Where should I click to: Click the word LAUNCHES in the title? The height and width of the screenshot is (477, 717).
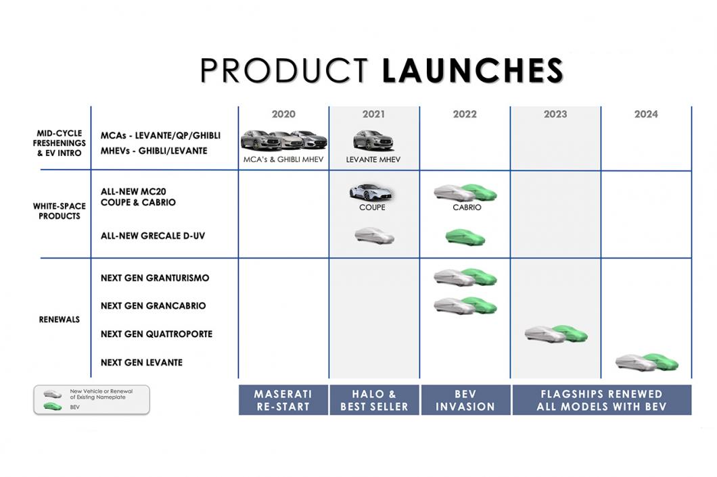click(472, 70)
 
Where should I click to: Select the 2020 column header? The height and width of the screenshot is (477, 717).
click(283, 114)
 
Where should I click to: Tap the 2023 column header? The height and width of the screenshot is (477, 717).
click(555, 114)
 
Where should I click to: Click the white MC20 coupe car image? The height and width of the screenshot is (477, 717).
click(371, 193)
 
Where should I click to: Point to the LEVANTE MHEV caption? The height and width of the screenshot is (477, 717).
click(373, 159)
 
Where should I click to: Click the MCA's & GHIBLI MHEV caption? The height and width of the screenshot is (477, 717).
click(283, 159)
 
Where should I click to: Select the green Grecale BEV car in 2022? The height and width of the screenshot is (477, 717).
click(465, 237)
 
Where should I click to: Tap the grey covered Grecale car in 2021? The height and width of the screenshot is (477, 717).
click(374, 236)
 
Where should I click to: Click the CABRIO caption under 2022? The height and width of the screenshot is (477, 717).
click(467, 207)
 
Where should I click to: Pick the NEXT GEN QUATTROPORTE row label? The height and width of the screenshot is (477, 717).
click(156, 334)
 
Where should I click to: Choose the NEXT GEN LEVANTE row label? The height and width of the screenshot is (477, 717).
click(141, 362)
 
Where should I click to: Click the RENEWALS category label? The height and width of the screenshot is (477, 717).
click(60, 320)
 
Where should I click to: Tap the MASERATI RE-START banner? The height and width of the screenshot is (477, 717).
click(283, 400)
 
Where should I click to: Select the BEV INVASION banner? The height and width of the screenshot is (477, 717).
click(465, 400)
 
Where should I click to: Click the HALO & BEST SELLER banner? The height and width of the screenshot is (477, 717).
click(374, 400)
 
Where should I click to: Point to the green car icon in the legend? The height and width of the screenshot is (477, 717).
click(53, 406)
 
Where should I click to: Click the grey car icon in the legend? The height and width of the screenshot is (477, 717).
click(53, 394)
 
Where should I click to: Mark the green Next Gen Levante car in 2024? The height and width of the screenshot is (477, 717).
click(662, 361)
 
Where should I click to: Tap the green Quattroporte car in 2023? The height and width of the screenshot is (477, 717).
click(571, 334)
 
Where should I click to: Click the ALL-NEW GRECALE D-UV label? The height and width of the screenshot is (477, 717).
click(153, 236)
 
